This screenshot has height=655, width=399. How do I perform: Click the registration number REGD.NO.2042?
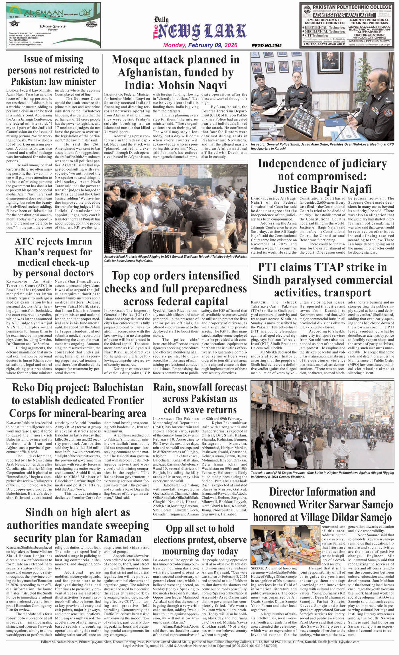click(x=266, y=46)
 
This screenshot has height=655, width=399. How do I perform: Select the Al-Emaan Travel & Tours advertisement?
click(x=53, y=25)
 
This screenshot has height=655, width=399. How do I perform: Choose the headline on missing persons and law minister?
click(x=53, y=70)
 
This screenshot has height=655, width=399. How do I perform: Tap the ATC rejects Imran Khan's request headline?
click(x=53, y=257)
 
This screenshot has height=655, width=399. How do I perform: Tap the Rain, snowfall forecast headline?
click(x=200, y=398)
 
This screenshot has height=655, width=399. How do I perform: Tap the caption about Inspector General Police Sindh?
click(x=322, y=147)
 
